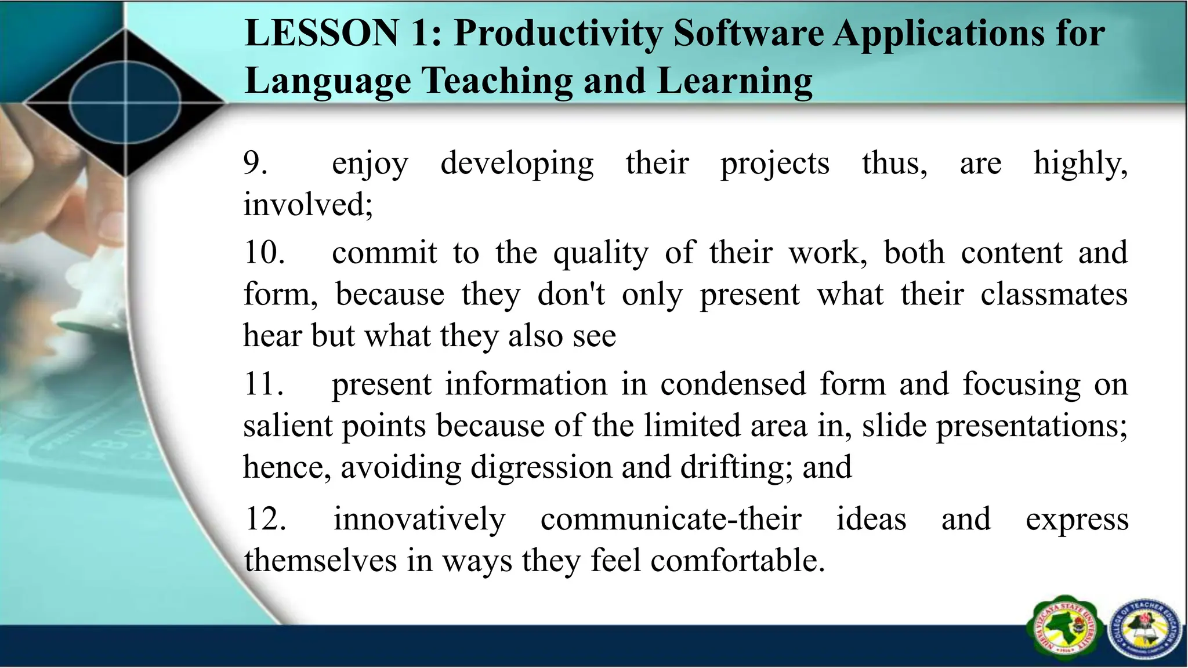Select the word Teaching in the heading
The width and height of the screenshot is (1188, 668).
pos(497,81)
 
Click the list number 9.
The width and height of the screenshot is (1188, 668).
pos(255,164)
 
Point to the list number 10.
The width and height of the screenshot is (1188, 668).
pos(264,253)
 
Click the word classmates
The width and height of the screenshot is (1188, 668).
pos(1053,295)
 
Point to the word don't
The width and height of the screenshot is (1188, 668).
pos(571,295)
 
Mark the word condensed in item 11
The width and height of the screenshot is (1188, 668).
pos(733,384)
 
